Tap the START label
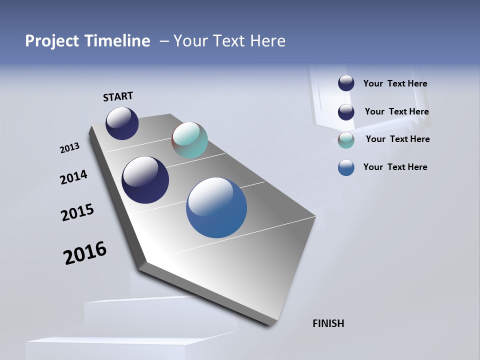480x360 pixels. [x=118, y=96]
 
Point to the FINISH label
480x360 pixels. [x=328, y=323]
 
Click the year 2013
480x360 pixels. [x=69, y=148]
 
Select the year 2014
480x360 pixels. [x=73, y=177]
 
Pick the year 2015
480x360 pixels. [x=77, y=212]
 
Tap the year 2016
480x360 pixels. [x=85, y=253]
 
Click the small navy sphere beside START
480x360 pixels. [x=122, y=123]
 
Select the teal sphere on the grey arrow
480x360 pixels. [x=189, y=140]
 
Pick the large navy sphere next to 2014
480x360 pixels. [x=145, y=180]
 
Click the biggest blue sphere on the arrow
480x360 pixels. [x=216, y=207]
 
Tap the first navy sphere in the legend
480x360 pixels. [x=346, y=83]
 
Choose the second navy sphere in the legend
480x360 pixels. [x=346, y=112]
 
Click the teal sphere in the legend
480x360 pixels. [x=346, y=140]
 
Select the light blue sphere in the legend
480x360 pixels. [x=346, y=167]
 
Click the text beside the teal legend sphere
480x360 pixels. [x=397, y=139]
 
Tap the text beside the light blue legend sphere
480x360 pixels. [x=395, y=167]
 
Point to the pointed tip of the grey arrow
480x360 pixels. [x=272, y=324]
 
